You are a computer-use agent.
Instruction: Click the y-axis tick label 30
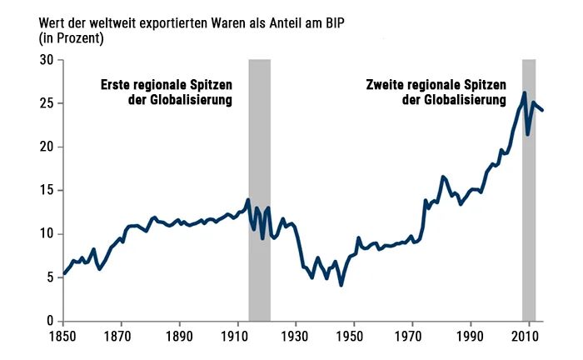coord(47,60)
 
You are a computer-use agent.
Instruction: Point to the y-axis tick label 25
coord(47,103)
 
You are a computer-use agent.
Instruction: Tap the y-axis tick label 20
coord(47,147)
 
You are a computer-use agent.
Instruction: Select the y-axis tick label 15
coord(47,190)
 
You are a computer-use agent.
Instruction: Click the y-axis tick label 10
coord(47,233)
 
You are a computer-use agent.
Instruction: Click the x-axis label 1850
coord(63,337)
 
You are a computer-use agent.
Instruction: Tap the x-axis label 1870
coord(122,337)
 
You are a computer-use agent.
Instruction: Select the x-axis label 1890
coord(180,337)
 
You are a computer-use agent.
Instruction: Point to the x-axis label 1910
coord(238,337)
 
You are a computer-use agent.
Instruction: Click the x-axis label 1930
coord(296,337)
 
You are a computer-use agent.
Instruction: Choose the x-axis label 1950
coord(355,337)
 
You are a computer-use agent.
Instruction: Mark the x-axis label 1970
coord(413,337)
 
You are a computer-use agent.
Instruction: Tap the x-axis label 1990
coord(471,337)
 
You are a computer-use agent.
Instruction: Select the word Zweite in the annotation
coord(386,85)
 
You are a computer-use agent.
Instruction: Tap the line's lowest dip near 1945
coord(341,285)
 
